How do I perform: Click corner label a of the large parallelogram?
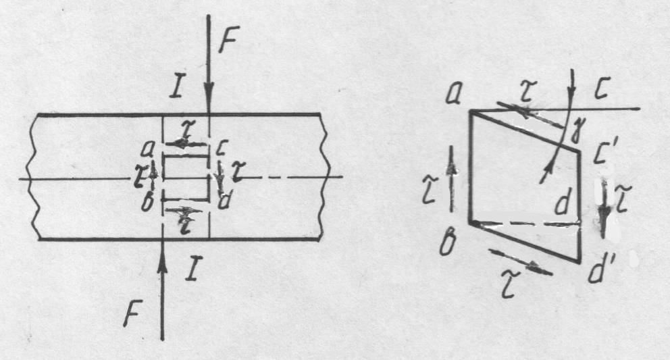pyautogui.click(x=453, y=97)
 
